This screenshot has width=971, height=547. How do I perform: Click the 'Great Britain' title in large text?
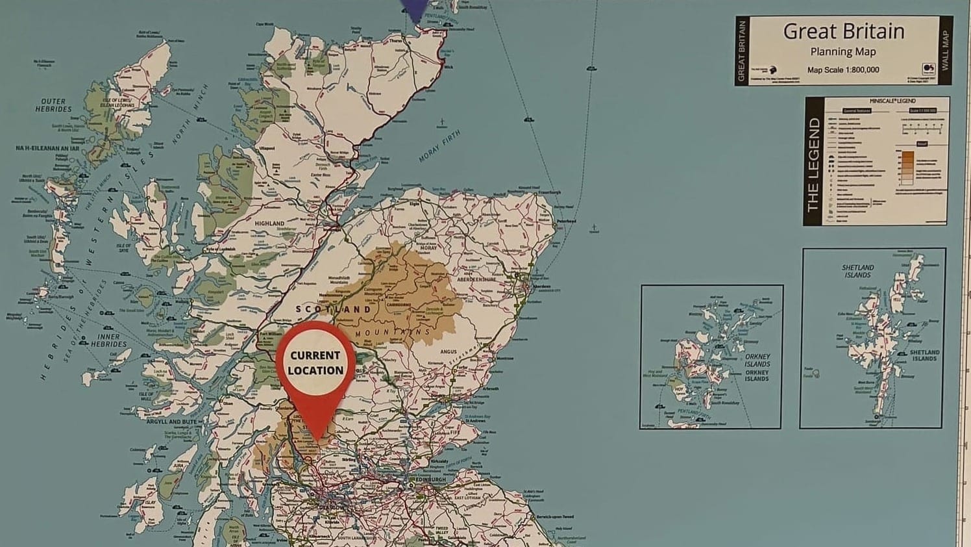point(843,31)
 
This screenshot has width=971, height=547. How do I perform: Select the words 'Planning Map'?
point(843,52)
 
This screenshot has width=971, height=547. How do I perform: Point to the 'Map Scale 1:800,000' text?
point(843,70)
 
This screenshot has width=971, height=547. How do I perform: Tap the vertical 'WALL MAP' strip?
point(945,50)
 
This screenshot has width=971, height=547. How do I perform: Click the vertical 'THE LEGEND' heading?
point(813,165)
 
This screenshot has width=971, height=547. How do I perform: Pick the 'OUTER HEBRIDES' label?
point(53,105)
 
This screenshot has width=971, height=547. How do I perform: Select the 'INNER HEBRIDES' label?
point(108,340)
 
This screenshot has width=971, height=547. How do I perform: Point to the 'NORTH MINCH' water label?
point(191,114)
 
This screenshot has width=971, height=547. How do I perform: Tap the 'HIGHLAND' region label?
point(269,223)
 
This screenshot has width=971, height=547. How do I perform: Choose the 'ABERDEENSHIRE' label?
point(477,279)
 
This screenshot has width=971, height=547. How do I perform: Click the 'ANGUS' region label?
point(449,352)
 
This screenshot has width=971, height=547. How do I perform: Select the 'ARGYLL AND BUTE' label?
point(171,422)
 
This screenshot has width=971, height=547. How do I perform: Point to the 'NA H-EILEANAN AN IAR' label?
point(47,148)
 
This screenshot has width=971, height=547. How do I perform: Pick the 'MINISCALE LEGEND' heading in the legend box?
point(893,101)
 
